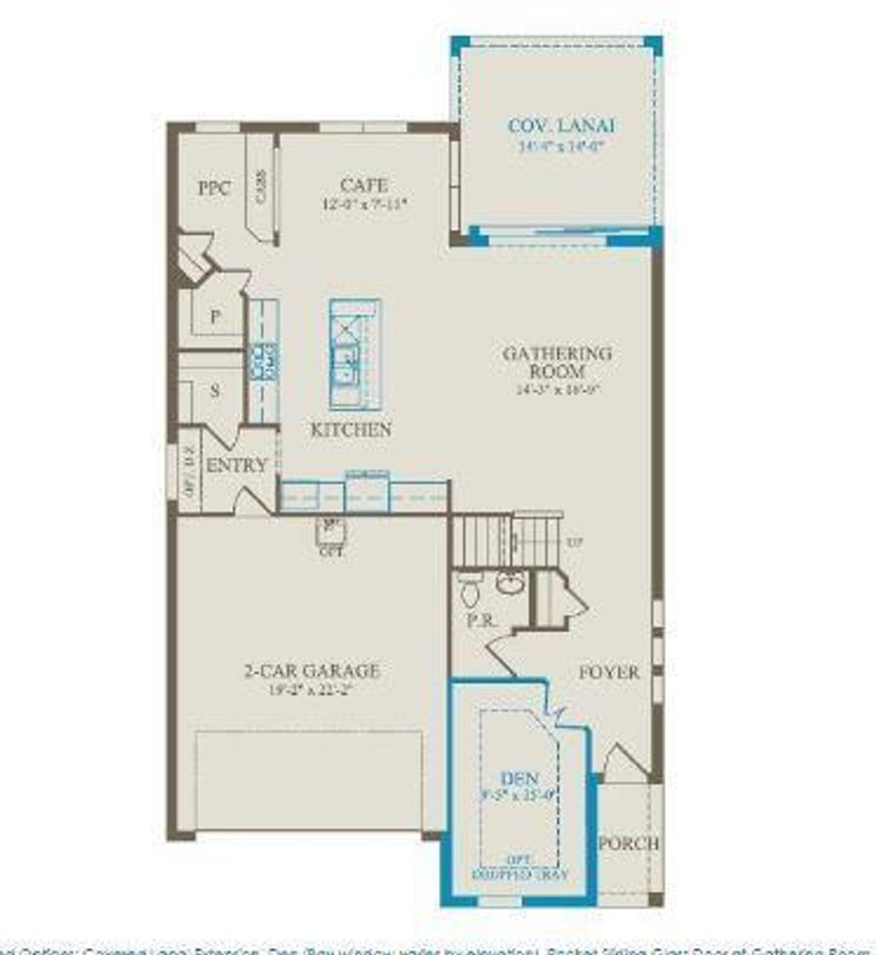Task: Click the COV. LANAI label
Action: (561, 127)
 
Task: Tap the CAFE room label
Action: (364, 185)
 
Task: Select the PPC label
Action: (214, 189)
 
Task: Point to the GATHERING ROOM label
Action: (557, 363)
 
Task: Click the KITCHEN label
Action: (351, 429)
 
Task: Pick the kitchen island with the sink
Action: (354, 353)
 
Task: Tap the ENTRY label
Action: (237, 465)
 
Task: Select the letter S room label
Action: (215, 391)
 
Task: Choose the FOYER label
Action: (609, 673)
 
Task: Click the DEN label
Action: (520, 779)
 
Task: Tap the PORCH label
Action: (629, 843)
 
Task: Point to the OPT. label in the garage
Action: (332, 551)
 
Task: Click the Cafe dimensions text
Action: (364, 203)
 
